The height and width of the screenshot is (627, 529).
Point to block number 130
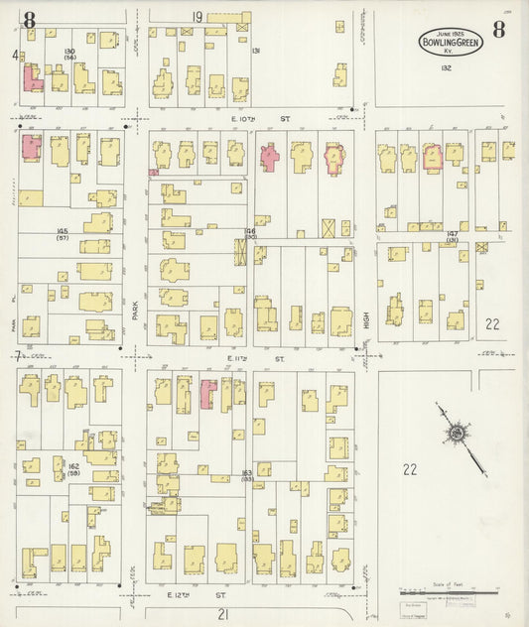coord(68,51)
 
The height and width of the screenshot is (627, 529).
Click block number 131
coord(256,51)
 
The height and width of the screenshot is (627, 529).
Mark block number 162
coord(72,464)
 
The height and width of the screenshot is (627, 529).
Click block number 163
coord(246,473)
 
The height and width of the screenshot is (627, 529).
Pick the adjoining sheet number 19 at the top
coord(198,16)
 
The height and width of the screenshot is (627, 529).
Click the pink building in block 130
coord(32,77)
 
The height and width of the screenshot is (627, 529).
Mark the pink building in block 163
coord(208,393)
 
